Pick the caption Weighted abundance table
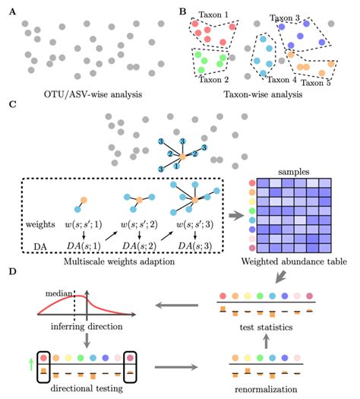point(296,260)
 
